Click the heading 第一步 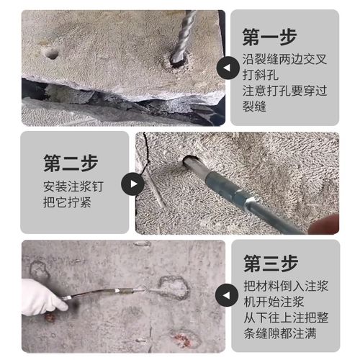click(x=278, y=37)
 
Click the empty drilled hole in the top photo click(x=50, y=53)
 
